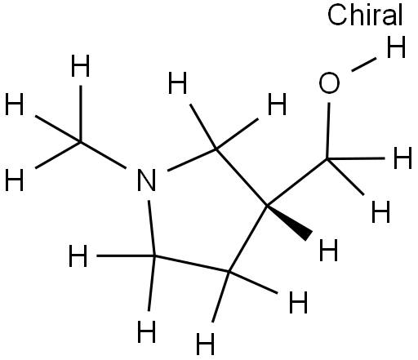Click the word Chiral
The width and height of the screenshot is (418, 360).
365,16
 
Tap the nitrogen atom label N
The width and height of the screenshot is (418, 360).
146,180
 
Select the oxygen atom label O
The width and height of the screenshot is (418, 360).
329,83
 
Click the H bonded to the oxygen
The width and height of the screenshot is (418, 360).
396,47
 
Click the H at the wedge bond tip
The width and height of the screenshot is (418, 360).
328,250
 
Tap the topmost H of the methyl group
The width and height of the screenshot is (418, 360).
80,65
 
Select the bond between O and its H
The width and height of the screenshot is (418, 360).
364,64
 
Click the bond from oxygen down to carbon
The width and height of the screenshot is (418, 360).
328,131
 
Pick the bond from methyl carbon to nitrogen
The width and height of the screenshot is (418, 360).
103,154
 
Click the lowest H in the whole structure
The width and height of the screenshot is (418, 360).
205,344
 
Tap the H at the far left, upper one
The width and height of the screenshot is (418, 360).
14,104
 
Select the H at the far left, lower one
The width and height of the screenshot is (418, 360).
14,180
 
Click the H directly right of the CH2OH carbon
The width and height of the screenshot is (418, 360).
402,158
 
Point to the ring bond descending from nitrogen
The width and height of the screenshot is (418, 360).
151,228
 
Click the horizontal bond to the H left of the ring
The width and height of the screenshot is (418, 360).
126,256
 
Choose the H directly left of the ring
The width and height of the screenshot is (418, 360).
78,256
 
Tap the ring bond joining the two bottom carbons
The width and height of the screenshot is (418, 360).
192,264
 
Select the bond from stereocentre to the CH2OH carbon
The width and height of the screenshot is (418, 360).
297,182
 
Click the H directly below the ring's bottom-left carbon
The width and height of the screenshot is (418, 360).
146,331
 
